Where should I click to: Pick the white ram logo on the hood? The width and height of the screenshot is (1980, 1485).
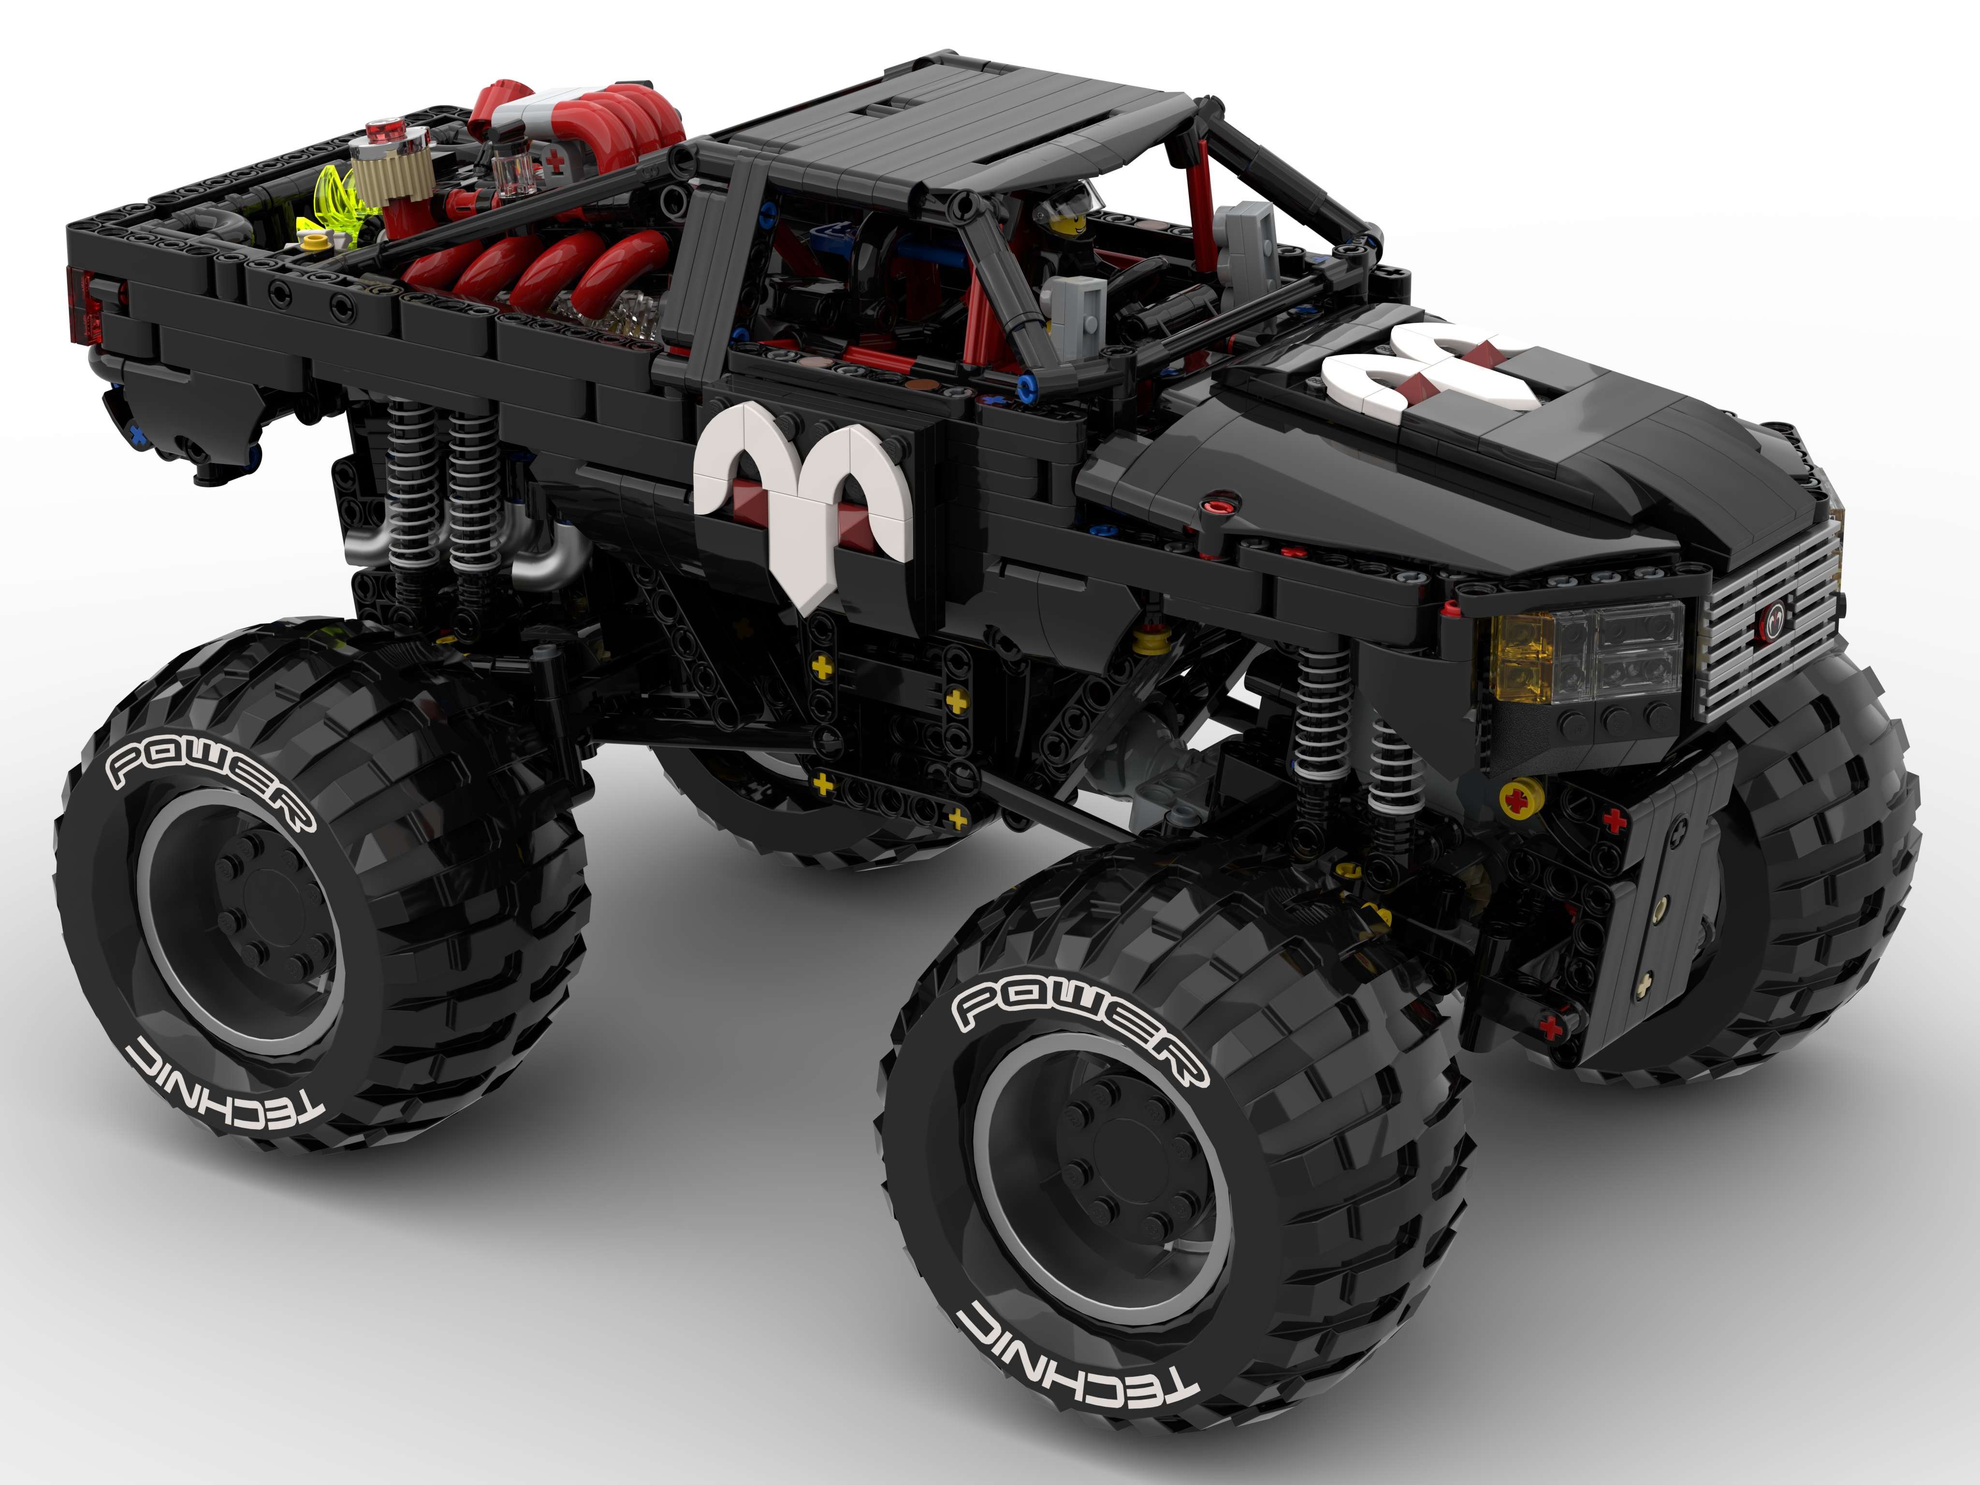pyautogui.click(x=1425, y=367)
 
